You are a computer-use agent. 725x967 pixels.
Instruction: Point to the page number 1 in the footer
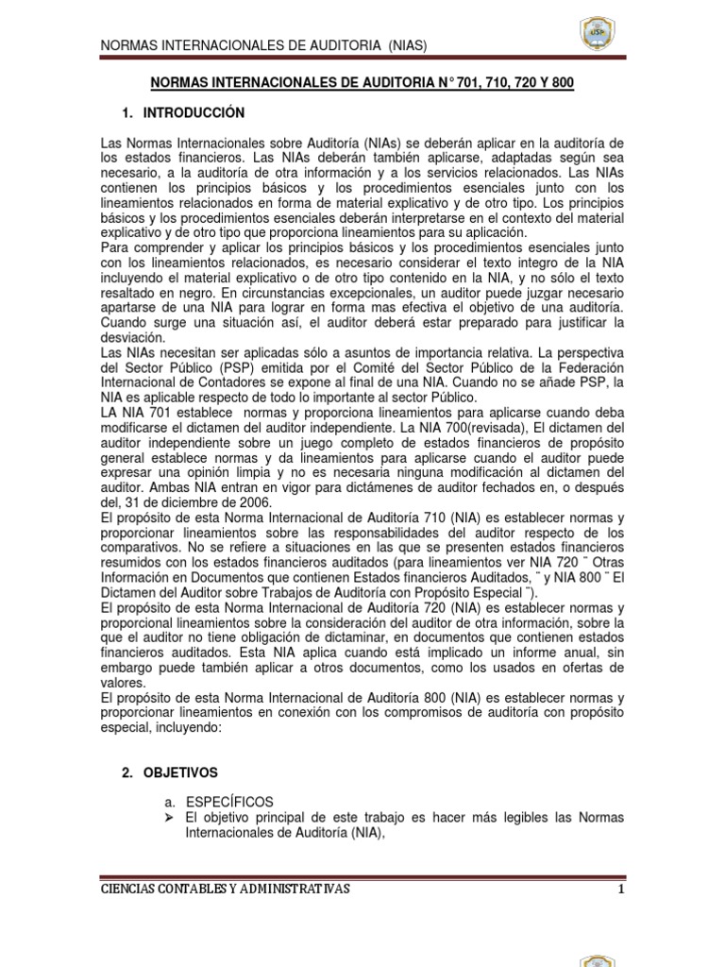tap(620, 889)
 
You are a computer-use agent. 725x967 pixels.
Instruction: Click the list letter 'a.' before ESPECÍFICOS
tap(170, 800)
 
